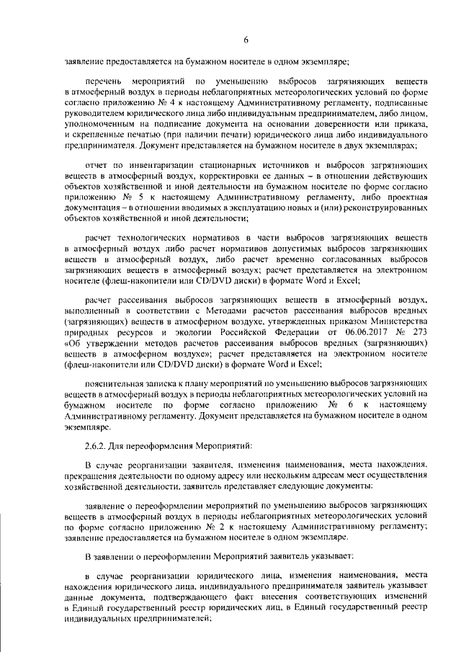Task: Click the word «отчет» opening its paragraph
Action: (97, 164)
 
